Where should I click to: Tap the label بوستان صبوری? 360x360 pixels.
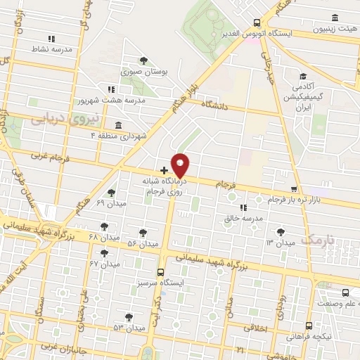click(x=141, y=72)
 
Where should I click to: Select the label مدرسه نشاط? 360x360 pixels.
click(x=49, y=50)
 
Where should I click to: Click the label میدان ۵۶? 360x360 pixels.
click(x=141, y=243)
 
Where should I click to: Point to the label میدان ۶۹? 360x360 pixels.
click(x=109, y=204)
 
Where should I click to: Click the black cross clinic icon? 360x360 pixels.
click(x=164, y=169)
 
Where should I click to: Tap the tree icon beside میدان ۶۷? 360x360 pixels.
click(x=105, y=252)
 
